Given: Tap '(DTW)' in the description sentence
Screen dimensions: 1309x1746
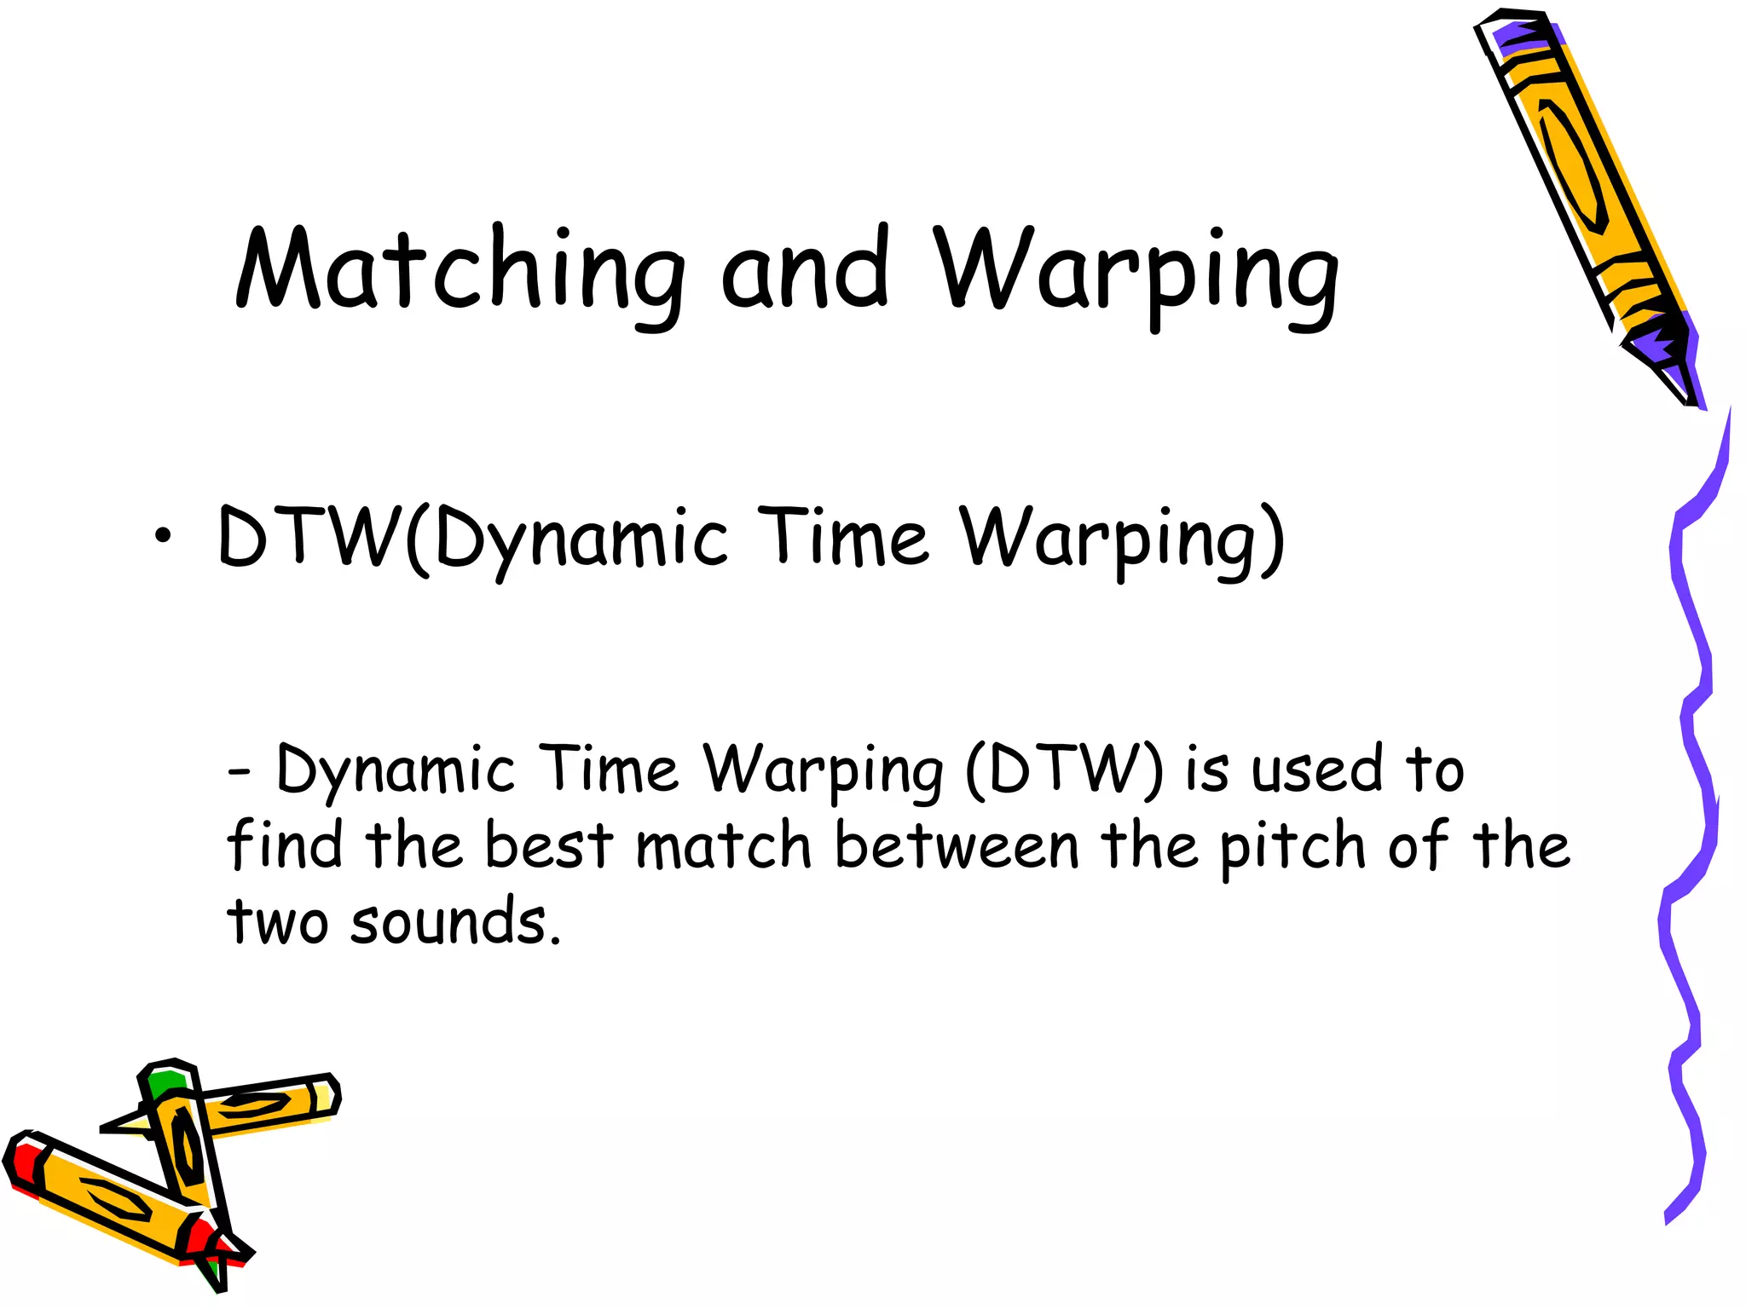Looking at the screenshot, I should coord(1064,770).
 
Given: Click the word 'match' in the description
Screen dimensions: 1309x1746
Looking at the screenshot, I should coord(724,845).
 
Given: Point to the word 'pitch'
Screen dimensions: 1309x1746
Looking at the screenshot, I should coord(1292,847).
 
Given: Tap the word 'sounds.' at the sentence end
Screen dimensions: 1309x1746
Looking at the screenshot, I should coord(456,922).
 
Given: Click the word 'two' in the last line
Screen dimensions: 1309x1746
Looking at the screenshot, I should coord(277,922).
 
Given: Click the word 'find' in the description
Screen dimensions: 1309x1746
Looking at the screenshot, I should coord(285,845).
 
